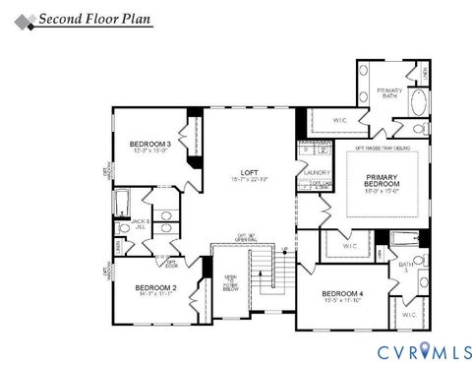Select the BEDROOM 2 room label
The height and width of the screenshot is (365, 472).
pyautogui.click(x=156, y=286)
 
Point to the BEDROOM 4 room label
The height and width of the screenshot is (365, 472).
pyautogui.click(x=343, y=294)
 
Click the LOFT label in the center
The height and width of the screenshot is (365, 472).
pyautogui.click(x=251, y=171)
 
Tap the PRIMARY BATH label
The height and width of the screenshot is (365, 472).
pyautogui.click(x=391, y=93)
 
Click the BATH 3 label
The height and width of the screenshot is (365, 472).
pyautogui.click(x=406, y=267)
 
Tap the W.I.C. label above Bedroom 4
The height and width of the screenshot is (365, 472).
pyautogui.click(x=350, y=245)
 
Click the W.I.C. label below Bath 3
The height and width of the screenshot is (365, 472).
pyautogui.click(x=408, y=314)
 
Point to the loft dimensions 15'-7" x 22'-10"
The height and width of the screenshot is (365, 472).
pyautogui.click(x=251, y=179)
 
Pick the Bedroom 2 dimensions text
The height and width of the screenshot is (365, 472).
pyautogui.click(x=156, y=294)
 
